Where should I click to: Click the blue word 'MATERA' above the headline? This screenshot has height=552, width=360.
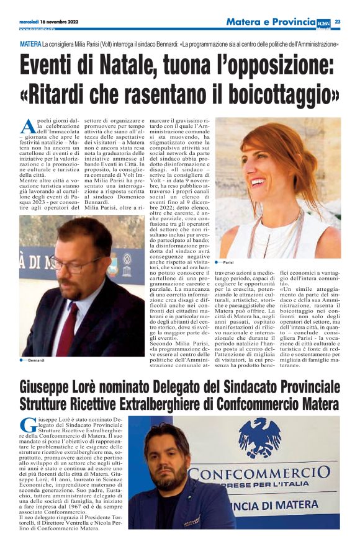click(x=30, y=45)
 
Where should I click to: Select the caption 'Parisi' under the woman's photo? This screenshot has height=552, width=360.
click(x=230, y=263)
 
